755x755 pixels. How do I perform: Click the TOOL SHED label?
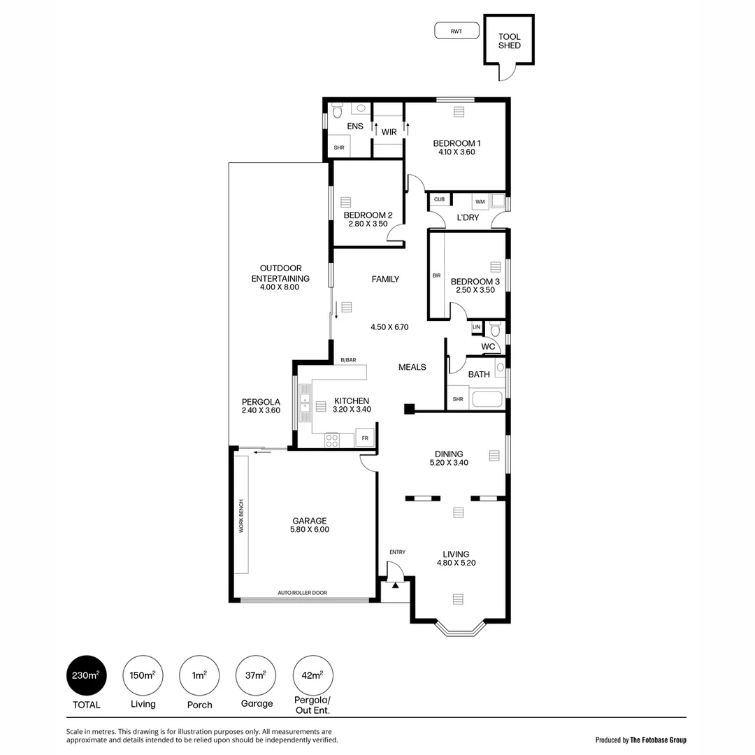point(509,41)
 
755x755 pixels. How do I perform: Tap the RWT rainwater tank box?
point(456,31)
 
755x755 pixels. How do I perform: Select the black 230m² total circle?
point(86,676)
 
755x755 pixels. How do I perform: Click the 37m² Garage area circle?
point(256,676)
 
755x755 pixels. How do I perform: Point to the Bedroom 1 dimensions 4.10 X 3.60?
point(456,152)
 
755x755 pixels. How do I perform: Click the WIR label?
point(389,131)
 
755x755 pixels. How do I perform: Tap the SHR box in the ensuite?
point(339,148)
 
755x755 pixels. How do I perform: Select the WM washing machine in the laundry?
point(480,201)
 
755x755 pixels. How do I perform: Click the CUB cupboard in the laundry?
point(439,200)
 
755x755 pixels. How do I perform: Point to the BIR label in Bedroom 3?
point(437,275)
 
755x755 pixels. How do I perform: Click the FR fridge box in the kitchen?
point(365,438)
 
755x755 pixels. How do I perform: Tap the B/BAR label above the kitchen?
point(348,360)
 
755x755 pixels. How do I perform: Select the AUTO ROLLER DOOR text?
point(302,593)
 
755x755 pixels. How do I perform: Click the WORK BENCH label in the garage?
point(241,516)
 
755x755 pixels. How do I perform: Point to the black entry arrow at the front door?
point(396,585)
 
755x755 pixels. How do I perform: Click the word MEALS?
point(412,367)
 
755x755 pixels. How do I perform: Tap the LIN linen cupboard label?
point(477,326)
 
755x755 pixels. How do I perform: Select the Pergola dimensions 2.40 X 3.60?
point(261,410)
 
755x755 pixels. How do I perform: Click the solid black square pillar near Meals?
point(409,409)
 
